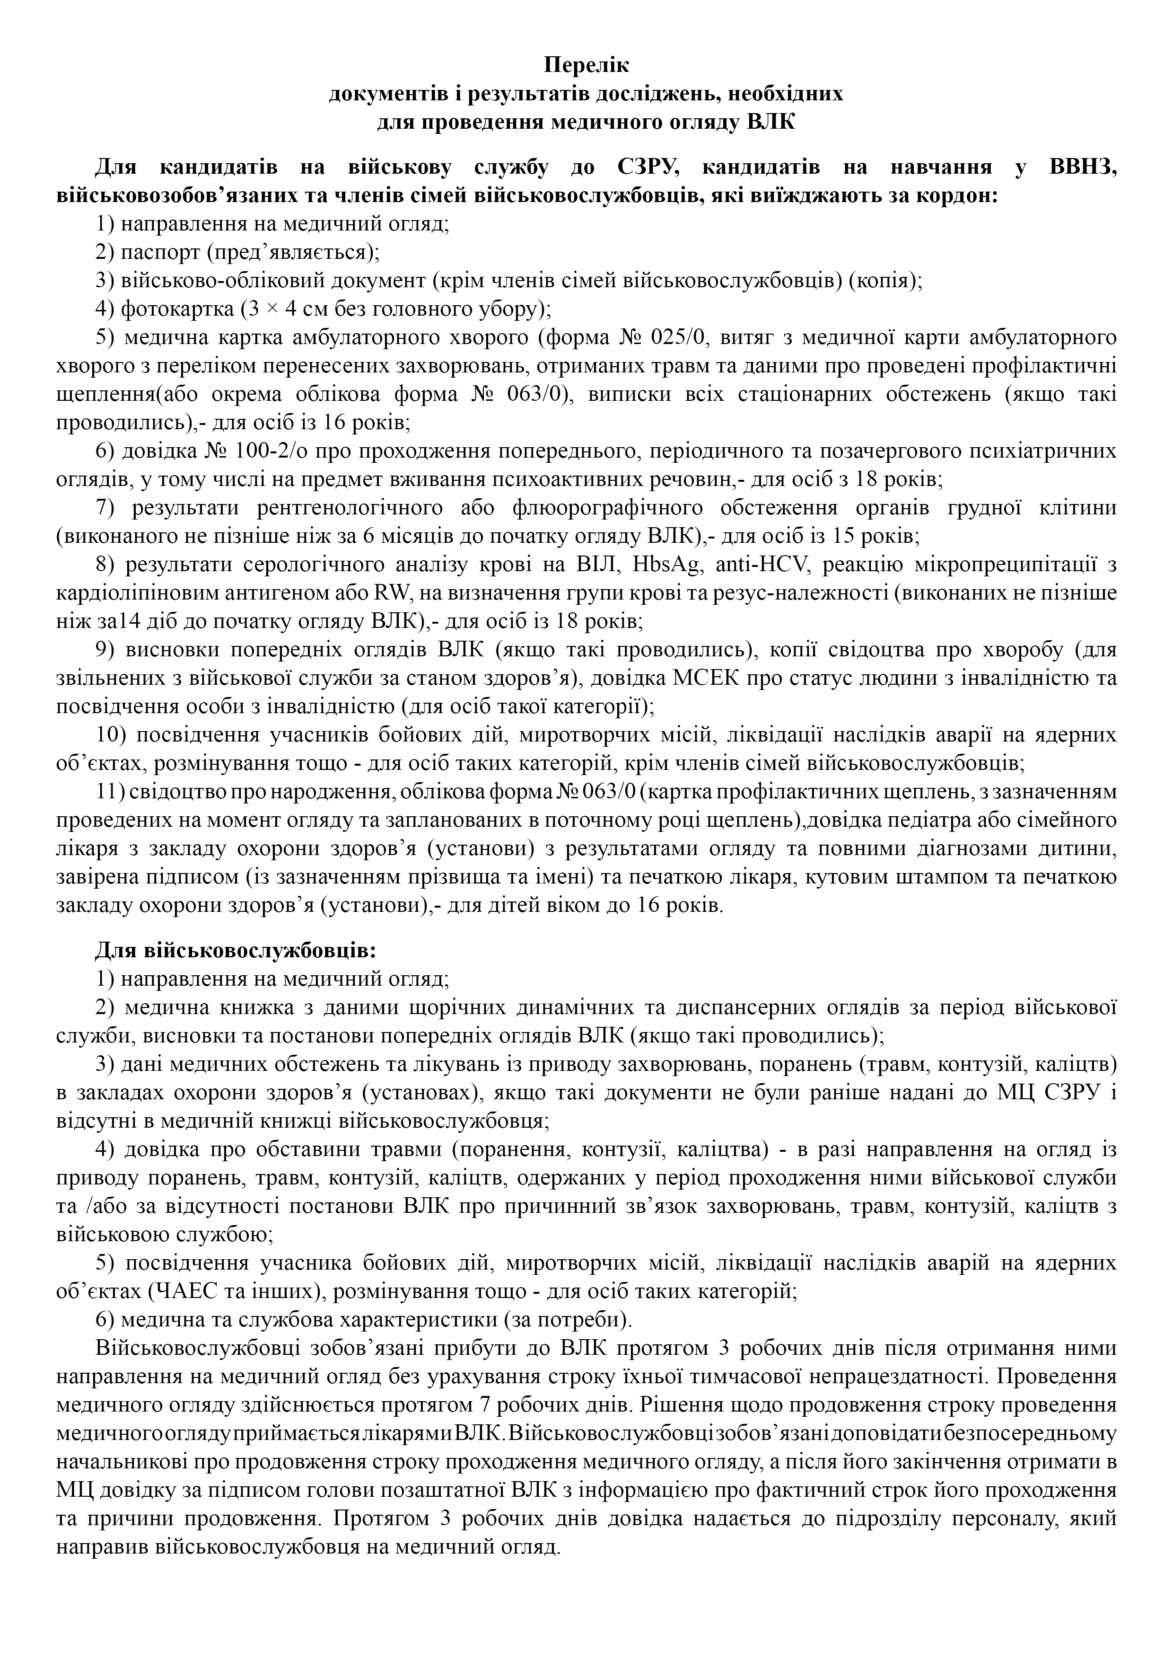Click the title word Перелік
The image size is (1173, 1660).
click(586, 65)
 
